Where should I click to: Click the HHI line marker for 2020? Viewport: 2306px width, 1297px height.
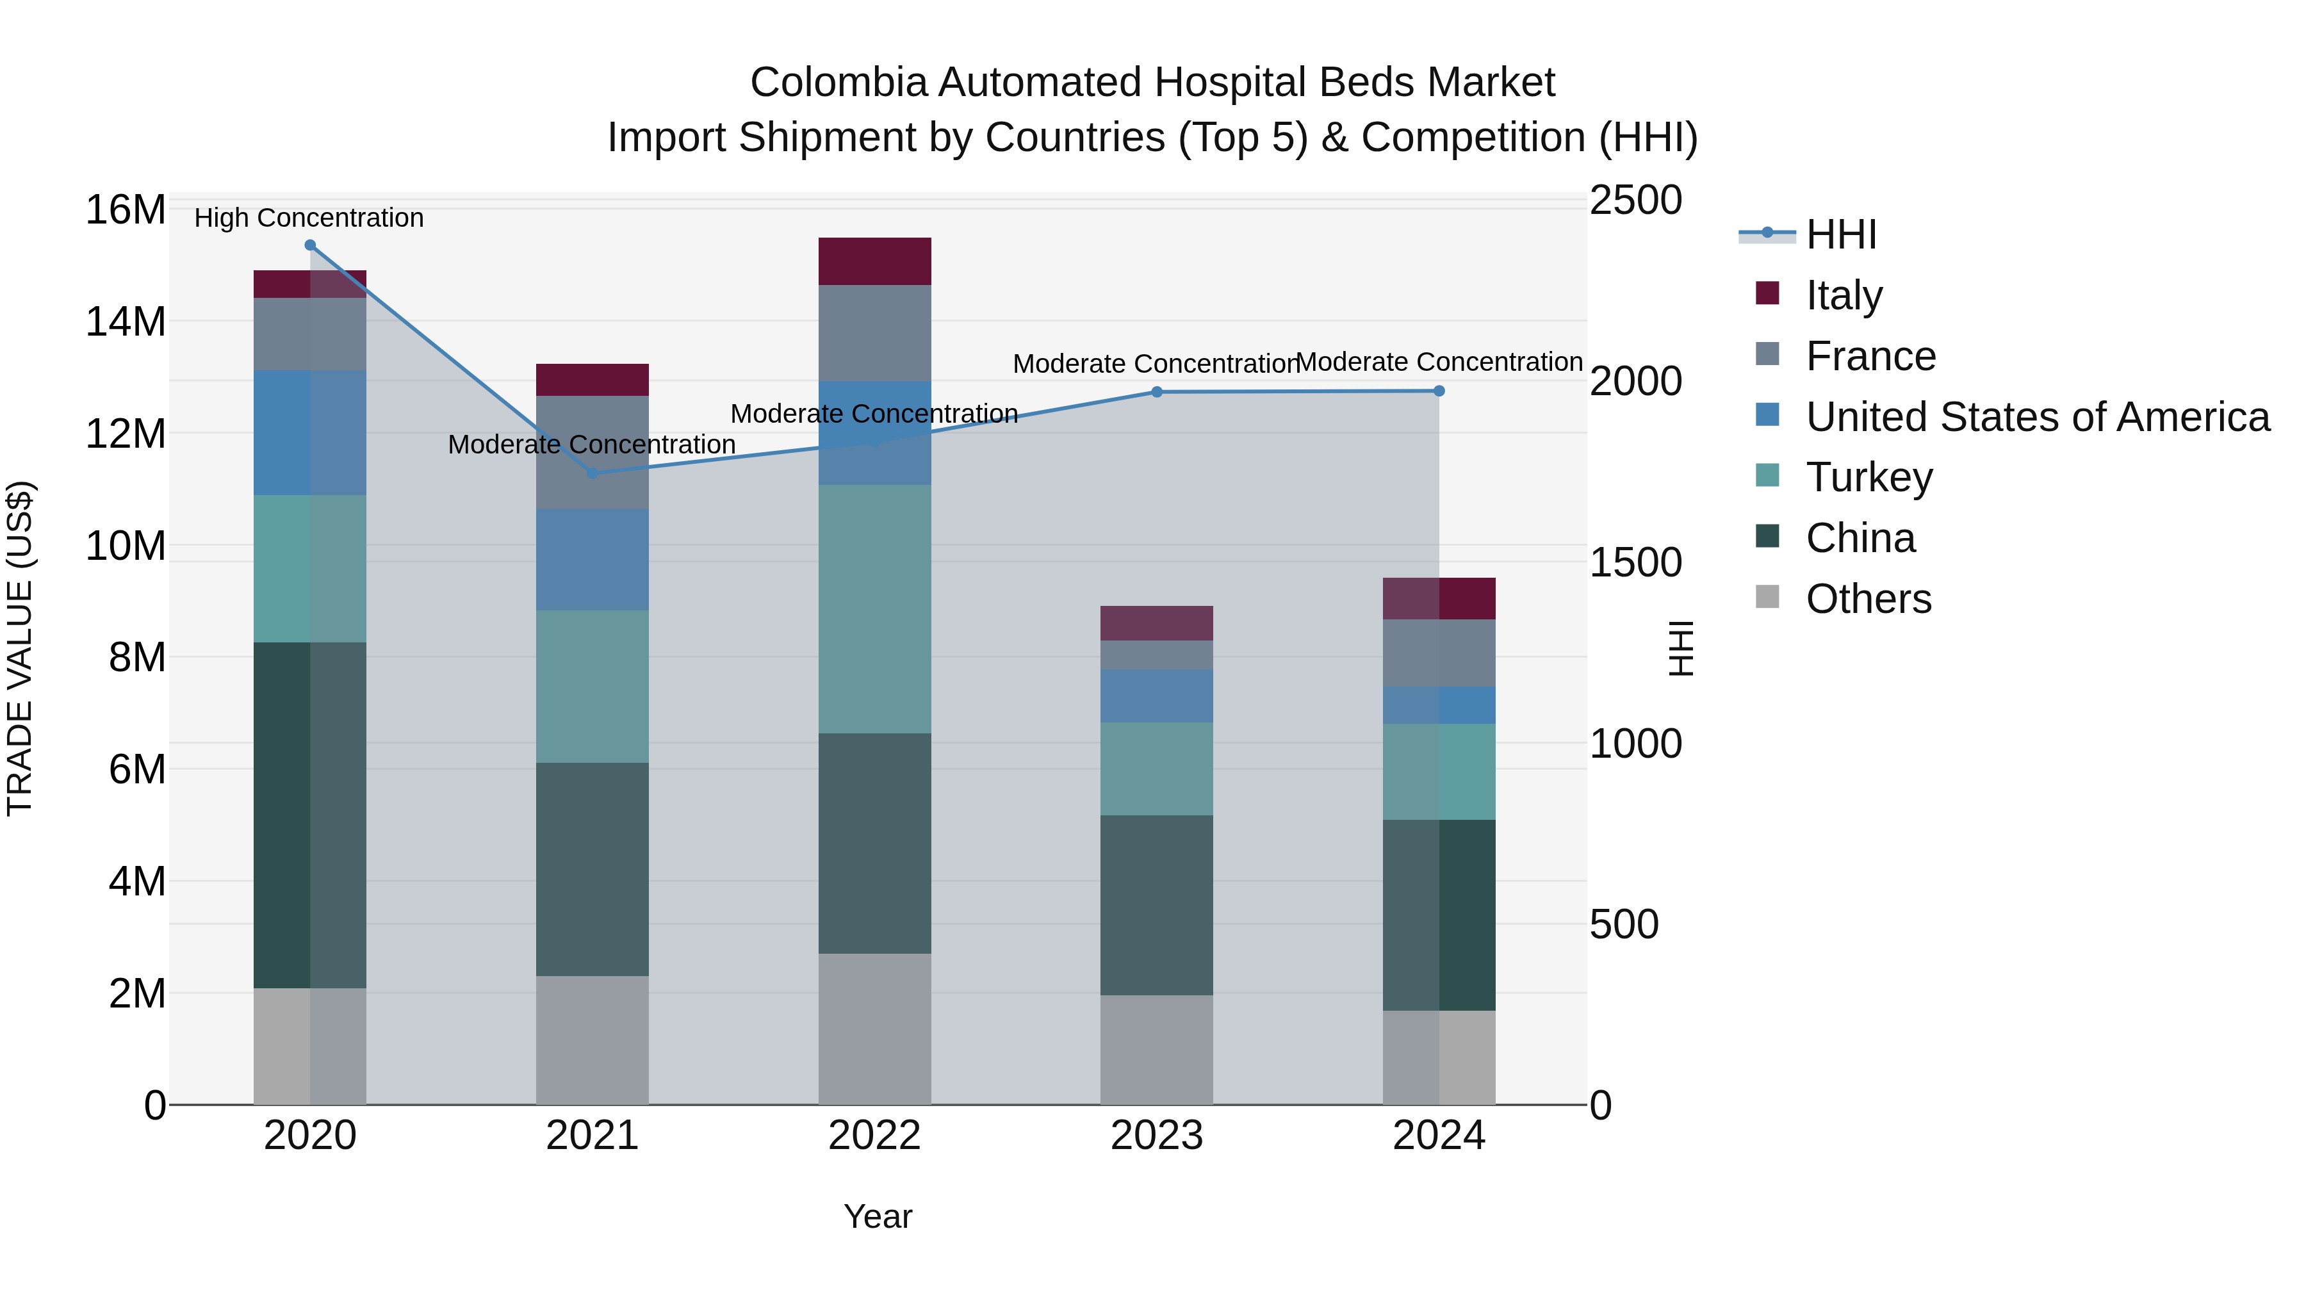[310, 245]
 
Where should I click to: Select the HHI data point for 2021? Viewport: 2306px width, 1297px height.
[592, 473]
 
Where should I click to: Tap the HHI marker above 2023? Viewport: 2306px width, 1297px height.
[1157, 392]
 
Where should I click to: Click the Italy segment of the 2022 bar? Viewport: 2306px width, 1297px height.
[874, 261]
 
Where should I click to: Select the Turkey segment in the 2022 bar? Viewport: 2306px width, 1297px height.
[874, 608]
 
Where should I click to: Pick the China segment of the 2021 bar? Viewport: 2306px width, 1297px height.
[592, 869]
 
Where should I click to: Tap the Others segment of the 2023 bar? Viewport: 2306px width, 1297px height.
[1157, 1049]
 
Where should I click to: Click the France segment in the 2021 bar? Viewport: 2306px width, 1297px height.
[592, 452]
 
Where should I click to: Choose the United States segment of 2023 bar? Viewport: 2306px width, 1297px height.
[1157, 696]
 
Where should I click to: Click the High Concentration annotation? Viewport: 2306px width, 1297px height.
[309, 218]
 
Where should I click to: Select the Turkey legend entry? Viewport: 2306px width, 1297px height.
[1869, 477]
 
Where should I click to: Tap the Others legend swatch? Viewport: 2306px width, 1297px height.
[1767, 597]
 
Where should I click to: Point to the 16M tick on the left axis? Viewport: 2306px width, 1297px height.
[126, 210]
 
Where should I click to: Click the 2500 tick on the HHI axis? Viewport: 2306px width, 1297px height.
[1635, 200]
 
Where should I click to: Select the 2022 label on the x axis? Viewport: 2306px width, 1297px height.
[874, 1136]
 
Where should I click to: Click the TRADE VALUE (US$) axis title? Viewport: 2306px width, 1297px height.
[20, 648]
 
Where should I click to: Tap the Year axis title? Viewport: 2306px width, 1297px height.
[878, 1216]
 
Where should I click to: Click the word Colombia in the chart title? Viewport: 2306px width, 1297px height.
[838, 83]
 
